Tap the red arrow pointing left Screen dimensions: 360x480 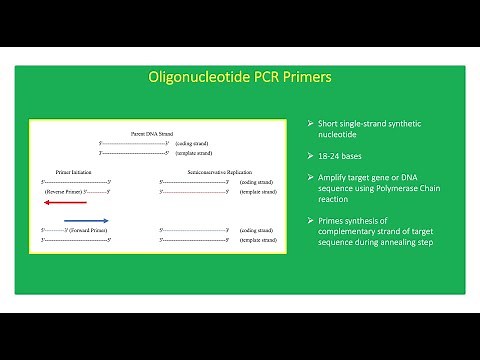[x=63, y=200]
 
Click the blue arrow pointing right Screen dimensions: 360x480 [x=85, y=220]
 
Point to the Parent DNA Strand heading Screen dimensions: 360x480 [x=152, y=133]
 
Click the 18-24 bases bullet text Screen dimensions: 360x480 [x=344, y=156]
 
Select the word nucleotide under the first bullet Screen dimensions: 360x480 [x=342, y=134]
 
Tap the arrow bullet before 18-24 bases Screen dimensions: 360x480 [x=311, y=156]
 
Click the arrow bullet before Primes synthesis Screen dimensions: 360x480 [x=311, y=219]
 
